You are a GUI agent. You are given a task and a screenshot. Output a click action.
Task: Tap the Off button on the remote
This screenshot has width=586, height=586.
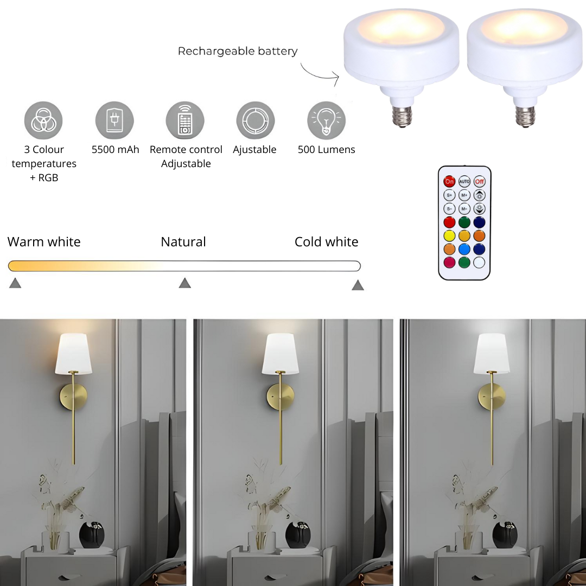click(x=479, y=182)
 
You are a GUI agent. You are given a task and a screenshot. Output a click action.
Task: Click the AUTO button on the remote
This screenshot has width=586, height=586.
click(x=464, y=182)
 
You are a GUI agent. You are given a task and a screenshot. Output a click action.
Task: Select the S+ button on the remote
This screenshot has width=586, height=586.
click(x=449, y=195)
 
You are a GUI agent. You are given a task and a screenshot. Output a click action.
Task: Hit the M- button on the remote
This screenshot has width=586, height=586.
click(x=464, y=208)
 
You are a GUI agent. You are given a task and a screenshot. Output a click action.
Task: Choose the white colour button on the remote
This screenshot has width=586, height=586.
click(x=479, y=263)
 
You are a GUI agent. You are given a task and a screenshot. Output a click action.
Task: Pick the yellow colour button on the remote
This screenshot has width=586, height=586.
click(x=449, y=236)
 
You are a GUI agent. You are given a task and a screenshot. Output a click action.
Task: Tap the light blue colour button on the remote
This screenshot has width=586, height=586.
click(x=464, y=249)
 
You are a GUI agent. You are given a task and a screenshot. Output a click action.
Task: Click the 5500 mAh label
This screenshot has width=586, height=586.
click(x=115, y=150)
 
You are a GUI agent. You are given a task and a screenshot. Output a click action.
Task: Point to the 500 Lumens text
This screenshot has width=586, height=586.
click(x=326, y=150)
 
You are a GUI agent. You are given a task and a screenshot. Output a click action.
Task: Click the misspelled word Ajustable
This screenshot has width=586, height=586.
click(x=254, y=150)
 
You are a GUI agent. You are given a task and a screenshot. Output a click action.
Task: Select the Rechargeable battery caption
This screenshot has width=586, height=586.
click(x=238, y=51)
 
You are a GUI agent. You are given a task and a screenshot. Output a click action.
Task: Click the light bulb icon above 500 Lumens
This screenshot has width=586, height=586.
click(x=326, y=120)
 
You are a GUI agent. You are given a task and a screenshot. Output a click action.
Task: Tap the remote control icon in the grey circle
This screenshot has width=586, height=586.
click(x=185, y=120)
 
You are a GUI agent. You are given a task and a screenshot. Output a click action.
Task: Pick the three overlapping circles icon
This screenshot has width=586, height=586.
click(x=43, y=120)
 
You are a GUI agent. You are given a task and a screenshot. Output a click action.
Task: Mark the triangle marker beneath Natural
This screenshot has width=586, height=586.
click(x=185, y=283)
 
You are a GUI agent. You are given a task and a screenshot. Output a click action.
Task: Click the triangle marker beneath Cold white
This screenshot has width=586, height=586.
click(x=358, y=285)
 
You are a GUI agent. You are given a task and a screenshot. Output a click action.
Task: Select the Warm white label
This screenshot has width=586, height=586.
click(x=44, y=242)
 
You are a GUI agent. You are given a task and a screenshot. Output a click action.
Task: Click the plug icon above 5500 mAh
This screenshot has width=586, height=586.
click(x=114, y=120)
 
